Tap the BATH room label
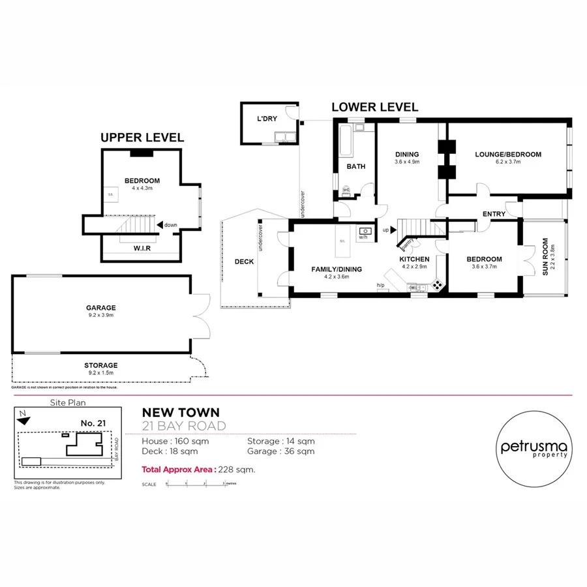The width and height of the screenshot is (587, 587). point(355,166)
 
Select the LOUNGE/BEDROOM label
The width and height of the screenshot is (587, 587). point(507,155)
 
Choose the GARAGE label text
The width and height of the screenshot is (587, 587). point(100,308)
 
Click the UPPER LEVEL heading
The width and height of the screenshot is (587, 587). point(142,138)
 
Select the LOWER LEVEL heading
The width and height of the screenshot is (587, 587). point(374,108)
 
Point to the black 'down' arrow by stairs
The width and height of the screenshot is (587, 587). point(160,224)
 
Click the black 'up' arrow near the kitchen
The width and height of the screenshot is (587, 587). point(393,230)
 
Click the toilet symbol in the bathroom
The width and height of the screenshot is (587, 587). point(346,191)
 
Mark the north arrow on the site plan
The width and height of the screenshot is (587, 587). point(23,419)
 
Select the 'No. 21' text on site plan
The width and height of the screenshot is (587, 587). point(93,423)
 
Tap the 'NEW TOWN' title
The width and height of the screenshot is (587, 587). point(181,412)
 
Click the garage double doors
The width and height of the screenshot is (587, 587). point(201,316)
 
